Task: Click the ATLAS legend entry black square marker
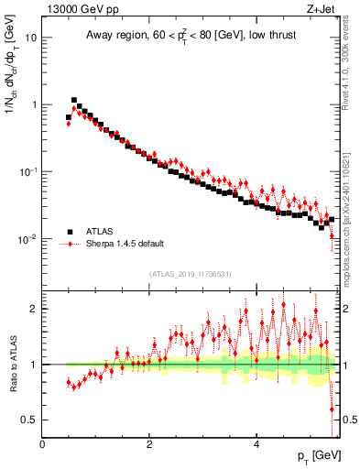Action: pos(69,232)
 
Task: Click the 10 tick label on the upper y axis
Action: pos(31,38)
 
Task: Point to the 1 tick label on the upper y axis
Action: pos(34,104)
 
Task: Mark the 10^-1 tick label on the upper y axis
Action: pos(28,171)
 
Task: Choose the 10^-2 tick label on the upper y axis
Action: pos(28,238)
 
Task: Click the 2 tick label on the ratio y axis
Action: pos(34,309)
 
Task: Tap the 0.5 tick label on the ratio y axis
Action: pos(29,420)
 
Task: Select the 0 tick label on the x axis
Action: pos(42,444)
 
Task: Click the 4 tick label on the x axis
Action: pos(256,444)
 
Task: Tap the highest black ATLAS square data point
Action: pos(74,100)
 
